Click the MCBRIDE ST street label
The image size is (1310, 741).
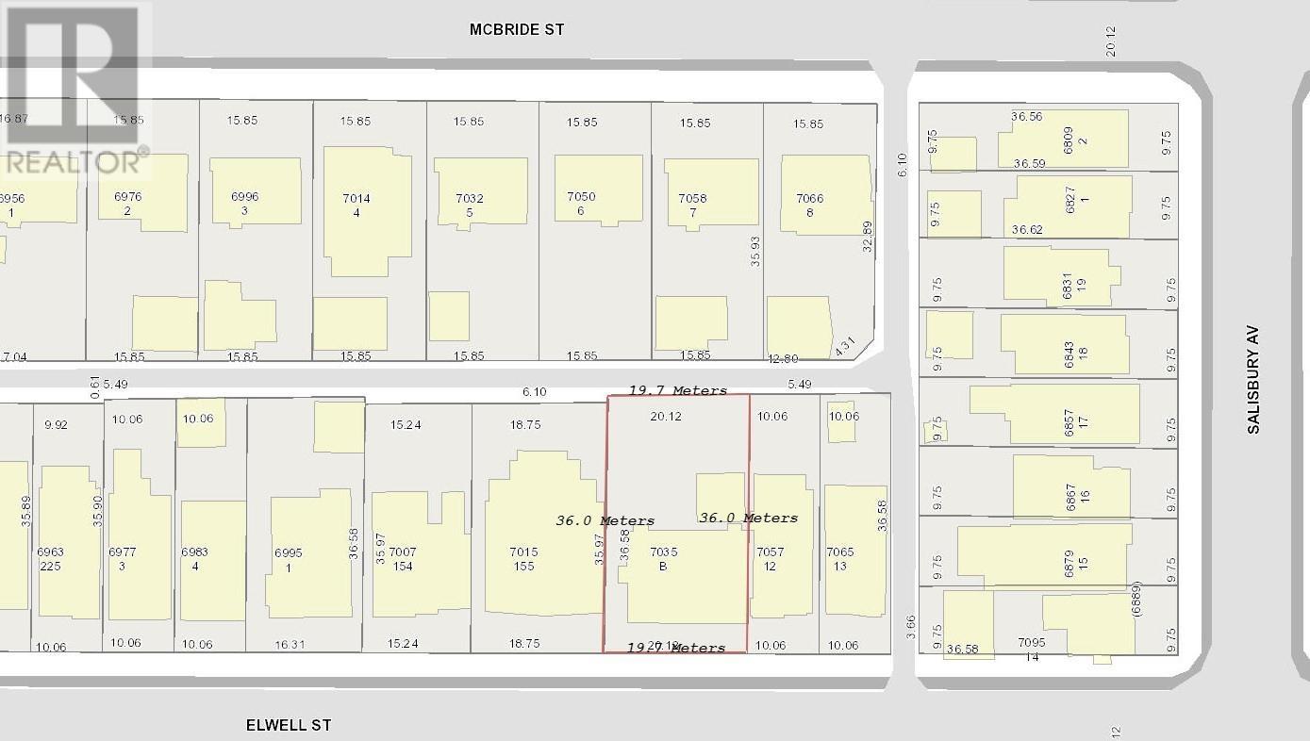pyautogui.click(x=517, y=29)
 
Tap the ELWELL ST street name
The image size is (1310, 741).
pyautogui.click(x=289, y=725)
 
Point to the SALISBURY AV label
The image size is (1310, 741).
pyautogui.click(x=1252, y=381)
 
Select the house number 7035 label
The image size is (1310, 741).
pyautogui.click(x=664, y=552)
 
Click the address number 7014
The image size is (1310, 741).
pyautogui.click(x=357, y=198)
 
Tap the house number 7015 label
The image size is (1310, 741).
pyautogui.click(x=523, y=552)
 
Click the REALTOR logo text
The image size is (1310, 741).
pyautogui.click(x=75, y=161)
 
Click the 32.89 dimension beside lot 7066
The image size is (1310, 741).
pyautogui.click(x=868, y=238)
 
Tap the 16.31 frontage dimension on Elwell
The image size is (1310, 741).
pyautogui.click(x=289, y=644)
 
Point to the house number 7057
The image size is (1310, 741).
pyautogui.click(x=771, y=552)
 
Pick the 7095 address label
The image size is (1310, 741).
pyautogui.click(x=1032, y=642)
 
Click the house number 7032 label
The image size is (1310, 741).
pyautogui.click(x=470, y=198)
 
